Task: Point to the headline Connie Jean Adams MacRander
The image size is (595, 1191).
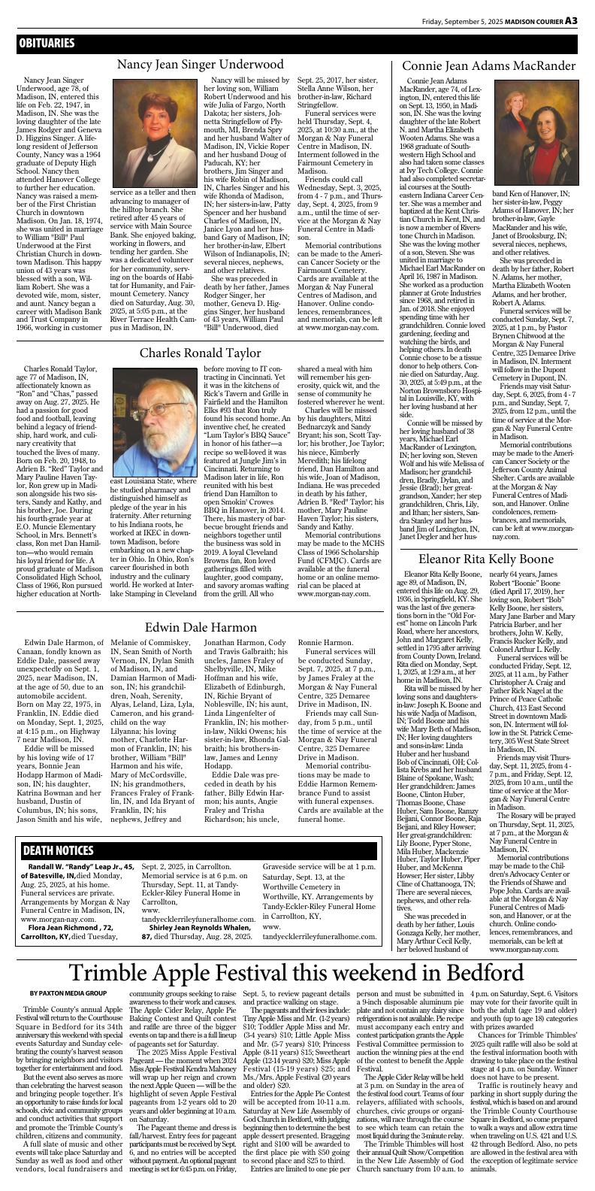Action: [x=488, y=65]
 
